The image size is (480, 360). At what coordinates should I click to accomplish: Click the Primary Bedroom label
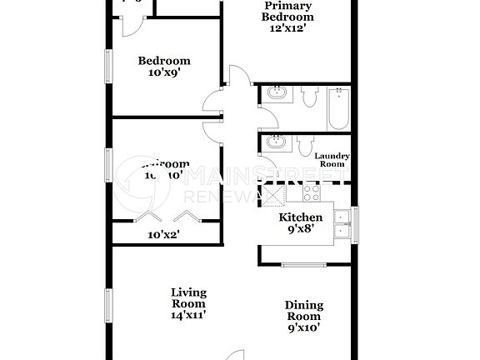287,11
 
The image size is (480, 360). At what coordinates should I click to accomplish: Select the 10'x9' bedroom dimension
163,72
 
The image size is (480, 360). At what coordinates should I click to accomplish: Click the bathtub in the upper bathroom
337,108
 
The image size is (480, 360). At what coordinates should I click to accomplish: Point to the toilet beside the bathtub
309,98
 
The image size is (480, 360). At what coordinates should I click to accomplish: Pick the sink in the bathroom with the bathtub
276,95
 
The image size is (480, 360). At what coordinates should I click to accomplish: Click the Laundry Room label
332,160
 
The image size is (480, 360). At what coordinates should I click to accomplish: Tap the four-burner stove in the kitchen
312,194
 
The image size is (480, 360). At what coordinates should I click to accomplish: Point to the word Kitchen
300,217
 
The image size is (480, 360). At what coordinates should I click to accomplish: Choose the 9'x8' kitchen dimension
300,230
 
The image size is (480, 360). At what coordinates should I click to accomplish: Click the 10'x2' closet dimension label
163,235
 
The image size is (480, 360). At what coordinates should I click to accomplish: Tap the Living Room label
188,298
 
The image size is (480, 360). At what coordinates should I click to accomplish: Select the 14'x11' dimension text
188,315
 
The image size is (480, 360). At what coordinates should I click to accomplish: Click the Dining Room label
304,311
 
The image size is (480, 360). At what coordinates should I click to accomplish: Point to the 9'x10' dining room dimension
304,327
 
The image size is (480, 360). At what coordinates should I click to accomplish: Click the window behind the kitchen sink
354,223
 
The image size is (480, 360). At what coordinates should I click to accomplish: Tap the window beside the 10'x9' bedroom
108,67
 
